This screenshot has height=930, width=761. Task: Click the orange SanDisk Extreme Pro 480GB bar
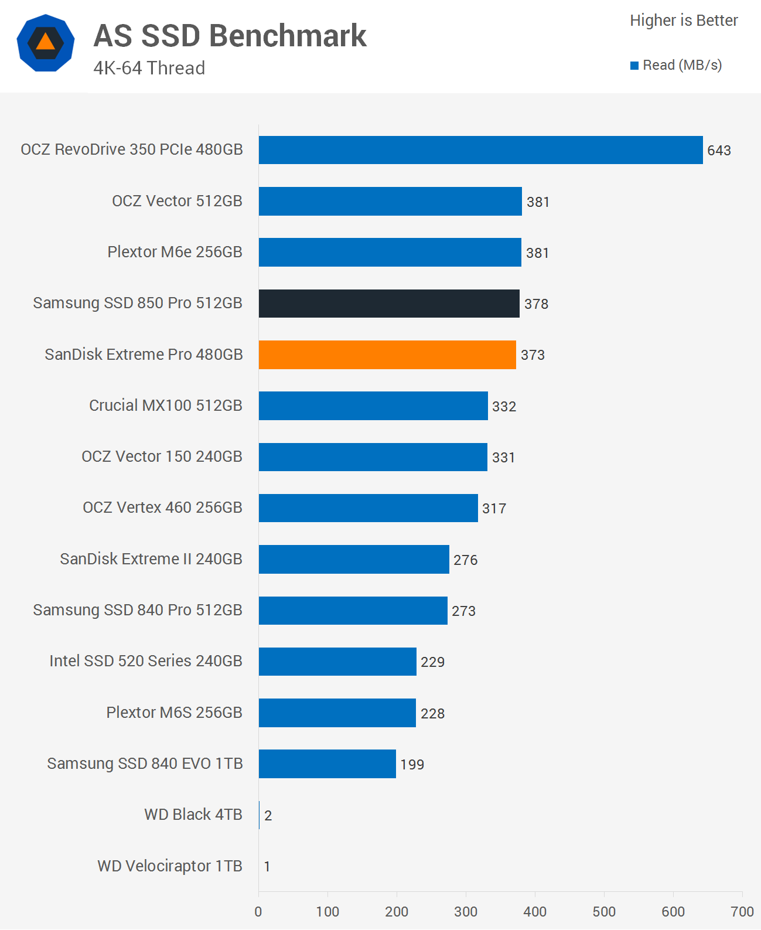click(387, 355)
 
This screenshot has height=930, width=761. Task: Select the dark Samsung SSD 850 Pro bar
click(389, 304)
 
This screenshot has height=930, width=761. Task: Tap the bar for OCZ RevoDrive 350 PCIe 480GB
click(480, 150)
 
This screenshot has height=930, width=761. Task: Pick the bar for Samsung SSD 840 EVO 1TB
click(327, 764)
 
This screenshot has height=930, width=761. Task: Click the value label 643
click(719, 151)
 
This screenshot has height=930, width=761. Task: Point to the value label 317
click(494, 509)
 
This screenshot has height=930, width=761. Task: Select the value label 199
click(412, 765)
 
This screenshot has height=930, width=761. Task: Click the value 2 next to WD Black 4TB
click(268, 816)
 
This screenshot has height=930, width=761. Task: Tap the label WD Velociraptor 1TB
click(170, 866)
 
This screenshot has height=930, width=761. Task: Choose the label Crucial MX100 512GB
click(166, 406)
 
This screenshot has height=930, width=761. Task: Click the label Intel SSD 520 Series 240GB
click(146, 661)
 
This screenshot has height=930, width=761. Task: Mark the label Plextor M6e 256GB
click(175, 252)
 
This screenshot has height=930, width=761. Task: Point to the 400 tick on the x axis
click(535, 911)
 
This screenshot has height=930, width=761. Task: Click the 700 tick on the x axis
click(742, 911)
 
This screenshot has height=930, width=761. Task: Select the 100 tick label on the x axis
click(327, 911)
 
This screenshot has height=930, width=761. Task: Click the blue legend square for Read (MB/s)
click(634, 66)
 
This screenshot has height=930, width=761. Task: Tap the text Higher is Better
click(684, 21)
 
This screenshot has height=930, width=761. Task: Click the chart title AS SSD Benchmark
click(230, 36)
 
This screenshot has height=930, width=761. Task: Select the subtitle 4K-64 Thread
click(149, 68)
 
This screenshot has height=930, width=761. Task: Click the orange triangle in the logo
click(46, 42)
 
